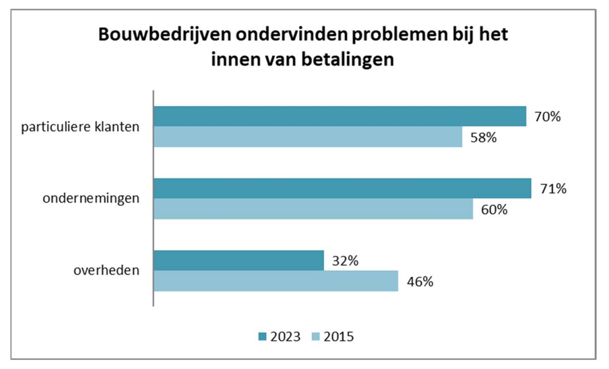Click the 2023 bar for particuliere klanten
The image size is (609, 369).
[x=340, y=116]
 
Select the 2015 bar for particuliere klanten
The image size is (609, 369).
[x=307, y=137]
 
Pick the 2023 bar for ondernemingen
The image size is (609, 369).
[x=342, y=189]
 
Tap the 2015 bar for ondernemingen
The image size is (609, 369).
[x=313, y=209]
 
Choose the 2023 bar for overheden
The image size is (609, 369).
[x=238, y=261]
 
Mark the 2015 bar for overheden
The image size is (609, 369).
[x=275, y=281]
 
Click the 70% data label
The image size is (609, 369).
[x=548, y=116]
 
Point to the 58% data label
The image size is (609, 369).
[x=484, y=138]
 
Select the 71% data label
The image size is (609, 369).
[x=553, y=189]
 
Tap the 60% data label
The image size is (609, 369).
[x=494, y=210]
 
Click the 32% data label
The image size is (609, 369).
[x=346, y=261]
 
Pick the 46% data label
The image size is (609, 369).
[x=420, y=282]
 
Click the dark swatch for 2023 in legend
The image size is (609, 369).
[x=262, y=337]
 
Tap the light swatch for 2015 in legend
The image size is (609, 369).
[x=316, y=337]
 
